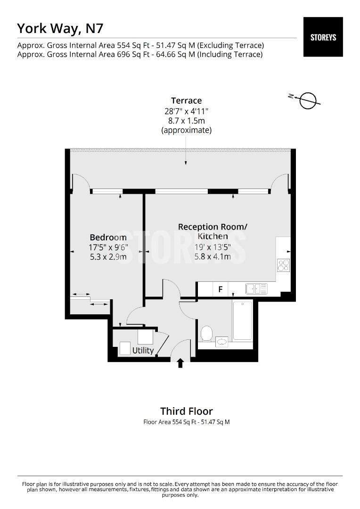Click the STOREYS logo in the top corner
[323, 37]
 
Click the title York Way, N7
[60, 28]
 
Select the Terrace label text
[186, 100]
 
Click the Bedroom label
[108, 237]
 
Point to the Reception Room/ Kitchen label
[212, 231]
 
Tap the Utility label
[143, 350]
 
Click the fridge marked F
[220, 289]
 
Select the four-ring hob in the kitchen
[283, 265]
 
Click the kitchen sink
[256, 288]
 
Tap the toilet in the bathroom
[206, 334]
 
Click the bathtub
[242, 320]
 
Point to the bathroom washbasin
[221, 341]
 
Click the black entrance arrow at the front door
[180, 363]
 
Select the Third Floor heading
[186, 411]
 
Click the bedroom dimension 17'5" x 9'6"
[108, 247]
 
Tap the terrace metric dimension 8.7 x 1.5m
[186, 121]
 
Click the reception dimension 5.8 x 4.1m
[212, 257]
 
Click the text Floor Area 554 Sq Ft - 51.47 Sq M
[186, 422]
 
